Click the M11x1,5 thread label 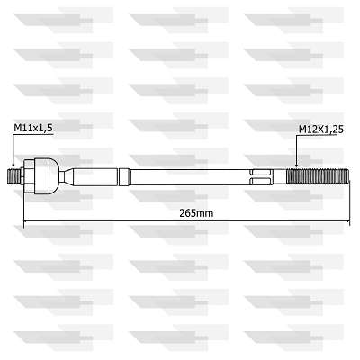33,128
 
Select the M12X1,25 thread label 321,130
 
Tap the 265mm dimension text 196,213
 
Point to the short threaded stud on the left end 13,176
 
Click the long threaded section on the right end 318,177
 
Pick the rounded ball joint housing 47,176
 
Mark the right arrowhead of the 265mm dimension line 347,221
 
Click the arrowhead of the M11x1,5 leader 13,164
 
